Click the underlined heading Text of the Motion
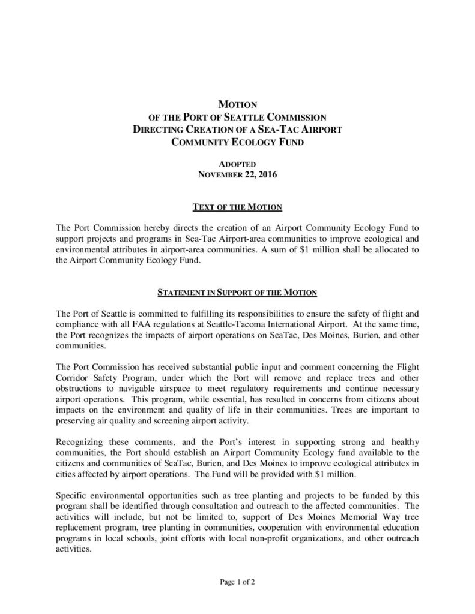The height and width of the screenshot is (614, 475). coord(237,207)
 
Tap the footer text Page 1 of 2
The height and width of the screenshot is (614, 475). coord(238,581)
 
